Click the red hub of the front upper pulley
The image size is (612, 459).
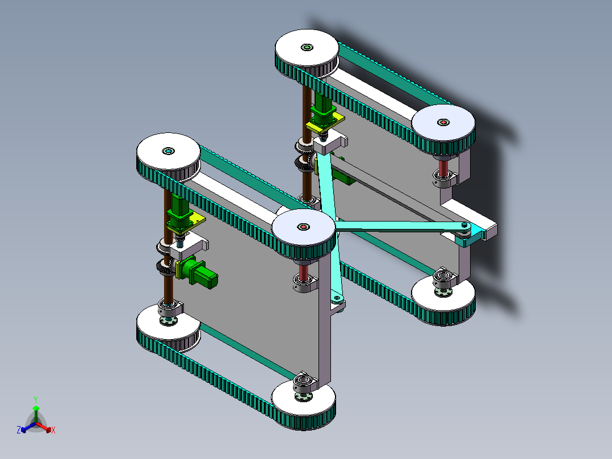(303, 227)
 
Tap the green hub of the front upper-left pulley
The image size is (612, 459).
(168, 151)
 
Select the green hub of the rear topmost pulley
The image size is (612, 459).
(307, 47)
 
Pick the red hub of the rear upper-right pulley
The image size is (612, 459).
(443, 122)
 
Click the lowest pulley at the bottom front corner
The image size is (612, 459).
(303, 404)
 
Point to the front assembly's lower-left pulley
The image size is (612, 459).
(168, 329)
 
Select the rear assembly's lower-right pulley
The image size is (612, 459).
(443, 298)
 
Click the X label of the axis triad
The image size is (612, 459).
(53, 430)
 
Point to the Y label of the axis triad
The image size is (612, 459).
(35, 399)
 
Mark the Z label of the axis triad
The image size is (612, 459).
(19, 430)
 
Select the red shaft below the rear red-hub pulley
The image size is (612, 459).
(443, 168)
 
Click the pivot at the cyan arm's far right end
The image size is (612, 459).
(465, 226)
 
